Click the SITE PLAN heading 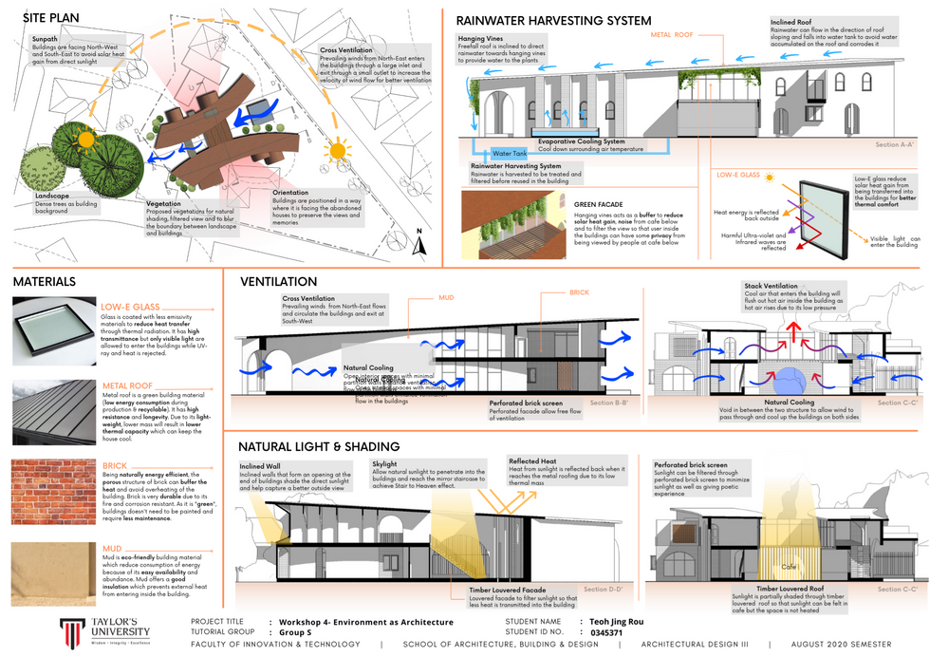click(52, 17)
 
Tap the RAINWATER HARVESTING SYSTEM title click(553, 21)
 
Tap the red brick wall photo click(52, 492)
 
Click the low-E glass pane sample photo click(52, 330)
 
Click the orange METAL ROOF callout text click(673, 34)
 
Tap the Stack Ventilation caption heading click(772, 285)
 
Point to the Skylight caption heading click(384, 464)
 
